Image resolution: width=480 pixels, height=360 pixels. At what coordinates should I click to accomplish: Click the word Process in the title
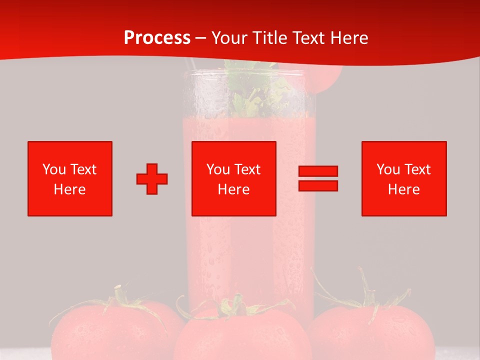coord(157,38)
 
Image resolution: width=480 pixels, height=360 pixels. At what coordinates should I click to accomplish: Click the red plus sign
coord(152,179)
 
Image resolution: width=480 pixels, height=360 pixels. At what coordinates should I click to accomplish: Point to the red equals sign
coord(318,178)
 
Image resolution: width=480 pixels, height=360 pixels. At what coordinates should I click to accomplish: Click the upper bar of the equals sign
coord(318,171)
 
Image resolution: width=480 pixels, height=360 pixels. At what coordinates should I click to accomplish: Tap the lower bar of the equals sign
coord(318,185)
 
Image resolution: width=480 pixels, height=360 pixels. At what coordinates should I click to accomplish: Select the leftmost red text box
coord(70,178)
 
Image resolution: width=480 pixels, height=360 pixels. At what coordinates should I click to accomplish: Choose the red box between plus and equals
coord(234,178)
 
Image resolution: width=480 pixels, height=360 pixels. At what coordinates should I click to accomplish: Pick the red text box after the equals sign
coord(404,178)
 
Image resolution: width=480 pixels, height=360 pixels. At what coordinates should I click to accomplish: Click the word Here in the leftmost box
coord(70,189)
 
